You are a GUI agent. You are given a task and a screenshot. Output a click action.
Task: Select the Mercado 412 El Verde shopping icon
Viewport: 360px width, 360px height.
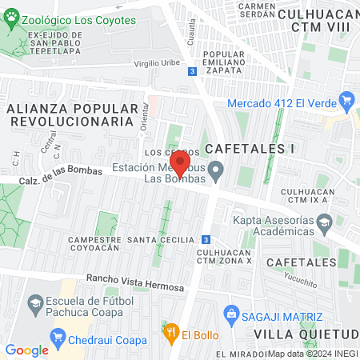click(346, 102)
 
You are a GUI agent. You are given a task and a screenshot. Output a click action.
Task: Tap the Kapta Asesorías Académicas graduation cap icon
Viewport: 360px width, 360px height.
click(325, 227)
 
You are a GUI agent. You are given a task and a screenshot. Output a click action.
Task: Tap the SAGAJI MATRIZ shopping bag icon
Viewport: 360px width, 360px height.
click(232, 313)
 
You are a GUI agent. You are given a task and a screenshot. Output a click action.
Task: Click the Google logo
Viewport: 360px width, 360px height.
click(26, 350)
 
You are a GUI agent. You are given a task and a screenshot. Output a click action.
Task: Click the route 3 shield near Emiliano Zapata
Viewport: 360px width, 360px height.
click(192, 71)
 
